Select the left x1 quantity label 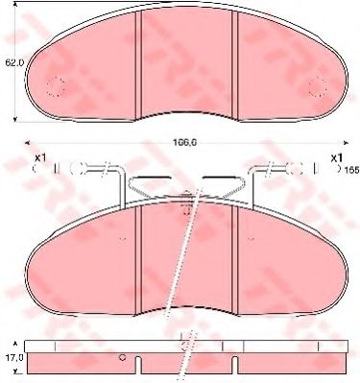point(39,156)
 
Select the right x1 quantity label point(336,156)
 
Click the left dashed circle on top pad point(56,87)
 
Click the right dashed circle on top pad point(317,87)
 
